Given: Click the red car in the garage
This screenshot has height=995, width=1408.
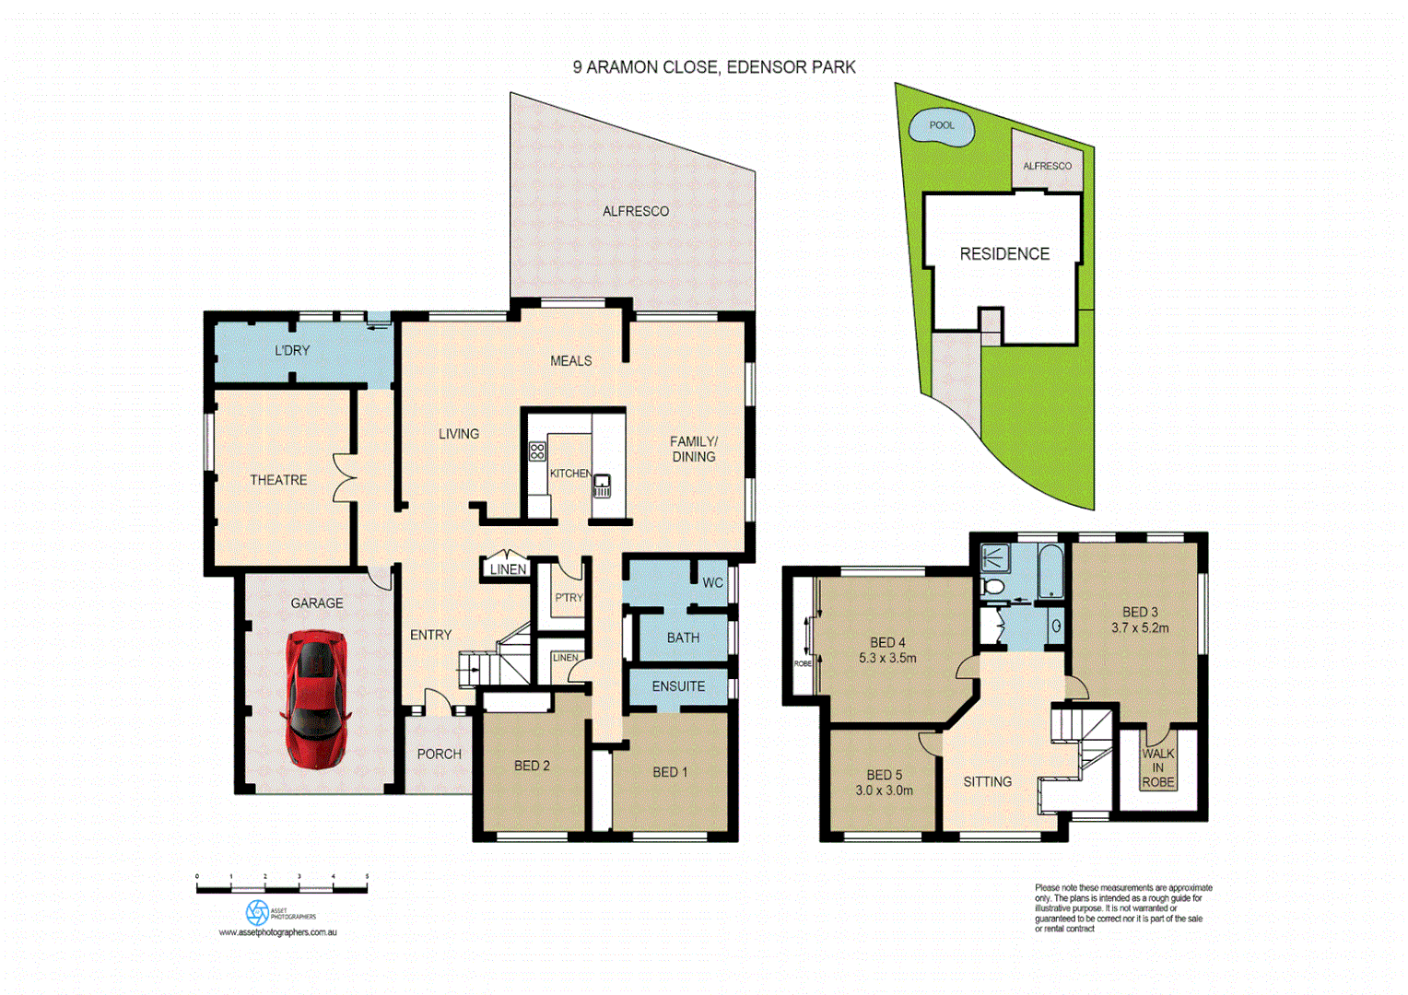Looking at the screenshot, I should point(316,698).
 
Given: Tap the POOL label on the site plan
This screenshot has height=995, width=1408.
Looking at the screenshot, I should point(942,125).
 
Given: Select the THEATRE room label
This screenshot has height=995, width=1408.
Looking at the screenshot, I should point(278,480).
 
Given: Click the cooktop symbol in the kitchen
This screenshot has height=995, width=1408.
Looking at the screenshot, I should point(537,451).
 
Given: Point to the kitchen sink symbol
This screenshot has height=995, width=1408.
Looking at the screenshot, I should point(602,486).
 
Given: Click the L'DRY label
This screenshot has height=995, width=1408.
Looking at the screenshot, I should point(292,350).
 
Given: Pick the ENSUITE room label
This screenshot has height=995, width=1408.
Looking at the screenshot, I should point(678,686).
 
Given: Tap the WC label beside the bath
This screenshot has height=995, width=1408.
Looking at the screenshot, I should point(713,583).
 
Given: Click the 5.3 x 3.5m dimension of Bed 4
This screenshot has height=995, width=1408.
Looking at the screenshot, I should point(887,659).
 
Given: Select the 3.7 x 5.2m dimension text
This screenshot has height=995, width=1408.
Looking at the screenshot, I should point(1140,628).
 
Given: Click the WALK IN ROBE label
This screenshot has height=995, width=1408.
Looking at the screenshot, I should point(1158,767).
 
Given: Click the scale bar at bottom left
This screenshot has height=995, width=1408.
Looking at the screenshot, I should point(282,888).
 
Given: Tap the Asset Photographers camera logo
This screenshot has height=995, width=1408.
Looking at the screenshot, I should point(257,913).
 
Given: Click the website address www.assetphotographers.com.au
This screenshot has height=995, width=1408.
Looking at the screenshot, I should point(277,932).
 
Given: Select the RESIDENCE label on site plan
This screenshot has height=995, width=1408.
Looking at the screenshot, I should point(1004,254).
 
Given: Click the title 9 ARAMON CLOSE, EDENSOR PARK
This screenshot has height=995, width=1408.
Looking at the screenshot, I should point(714,67).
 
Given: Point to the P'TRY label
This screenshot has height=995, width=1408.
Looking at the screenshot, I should point(569,598).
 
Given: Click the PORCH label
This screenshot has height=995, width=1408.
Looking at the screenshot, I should point(439,754).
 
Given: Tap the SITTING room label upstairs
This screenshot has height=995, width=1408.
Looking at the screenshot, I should point(987,781).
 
